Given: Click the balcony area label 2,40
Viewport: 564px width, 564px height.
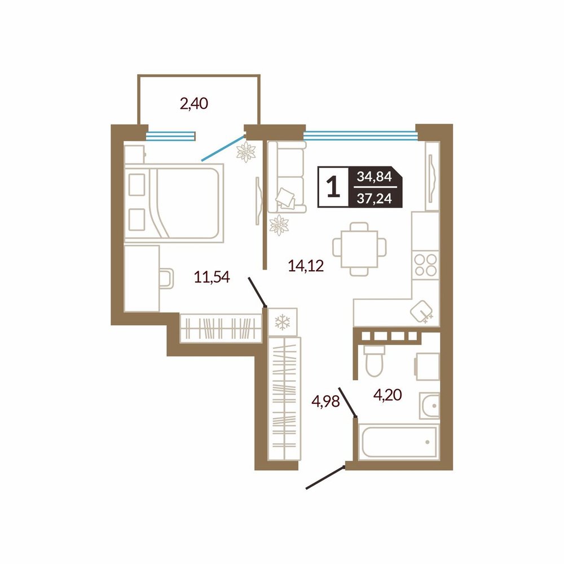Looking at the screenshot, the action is coord(194,104).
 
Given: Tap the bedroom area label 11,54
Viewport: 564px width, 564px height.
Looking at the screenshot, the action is coord(211,277).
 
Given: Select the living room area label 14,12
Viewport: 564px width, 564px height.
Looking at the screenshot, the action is coord(306,266).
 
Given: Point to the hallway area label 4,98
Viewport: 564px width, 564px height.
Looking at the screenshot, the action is coord(325,401).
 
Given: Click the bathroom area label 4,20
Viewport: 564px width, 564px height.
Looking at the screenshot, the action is coord(387,395).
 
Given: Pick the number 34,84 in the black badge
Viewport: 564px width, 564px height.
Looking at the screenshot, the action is coord(374,177).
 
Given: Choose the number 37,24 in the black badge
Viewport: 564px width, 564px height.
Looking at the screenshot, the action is coord(374,198).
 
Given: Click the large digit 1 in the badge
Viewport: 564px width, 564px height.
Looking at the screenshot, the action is coord(333,187).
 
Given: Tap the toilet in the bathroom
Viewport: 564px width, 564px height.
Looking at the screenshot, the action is coord(374,361).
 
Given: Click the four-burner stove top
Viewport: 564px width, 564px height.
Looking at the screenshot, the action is coord(425,265).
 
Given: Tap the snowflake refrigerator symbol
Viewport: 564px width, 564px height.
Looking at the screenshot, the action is coord(283,322).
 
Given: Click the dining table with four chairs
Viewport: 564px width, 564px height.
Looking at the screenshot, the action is coord(359,249).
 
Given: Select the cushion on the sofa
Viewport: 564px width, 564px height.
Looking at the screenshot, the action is coord(285,198).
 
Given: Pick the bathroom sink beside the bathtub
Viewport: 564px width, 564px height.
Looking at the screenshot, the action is coord(429,406).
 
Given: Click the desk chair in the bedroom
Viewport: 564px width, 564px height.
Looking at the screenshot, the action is coord(166,279).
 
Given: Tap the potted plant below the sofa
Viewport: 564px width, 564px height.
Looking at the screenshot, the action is coord(279,225).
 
